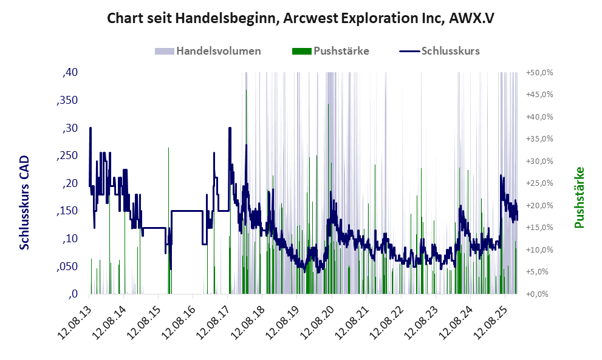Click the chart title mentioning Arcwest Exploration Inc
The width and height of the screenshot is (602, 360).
(x=300, y=18)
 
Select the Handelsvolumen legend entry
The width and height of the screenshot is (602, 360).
(x=218, y=51)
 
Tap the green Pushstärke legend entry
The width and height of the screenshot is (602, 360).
(x=341, y=51)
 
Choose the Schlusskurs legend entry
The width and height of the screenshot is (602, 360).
(x=450, y=51)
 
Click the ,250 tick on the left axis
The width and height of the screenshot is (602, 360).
(x=67, y=155)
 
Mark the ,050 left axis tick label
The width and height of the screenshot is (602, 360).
(x=67, y=267)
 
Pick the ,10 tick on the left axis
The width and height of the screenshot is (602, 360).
(x=70, y=239)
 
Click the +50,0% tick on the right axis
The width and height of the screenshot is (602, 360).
(x=539, y=72)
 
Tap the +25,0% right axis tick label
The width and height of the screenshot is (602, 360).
(x=539, y=183)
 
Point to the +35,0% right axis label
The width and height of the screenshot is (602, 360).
(x=539, y=139)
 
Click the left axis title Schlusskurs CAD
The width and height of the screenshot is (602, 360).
(x=24, y=202)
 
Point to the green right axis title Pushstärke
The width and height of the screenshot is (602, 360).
(x=578, y=198)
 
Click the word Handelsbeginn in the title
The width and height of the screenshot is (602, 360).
(x=227, y=18)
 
